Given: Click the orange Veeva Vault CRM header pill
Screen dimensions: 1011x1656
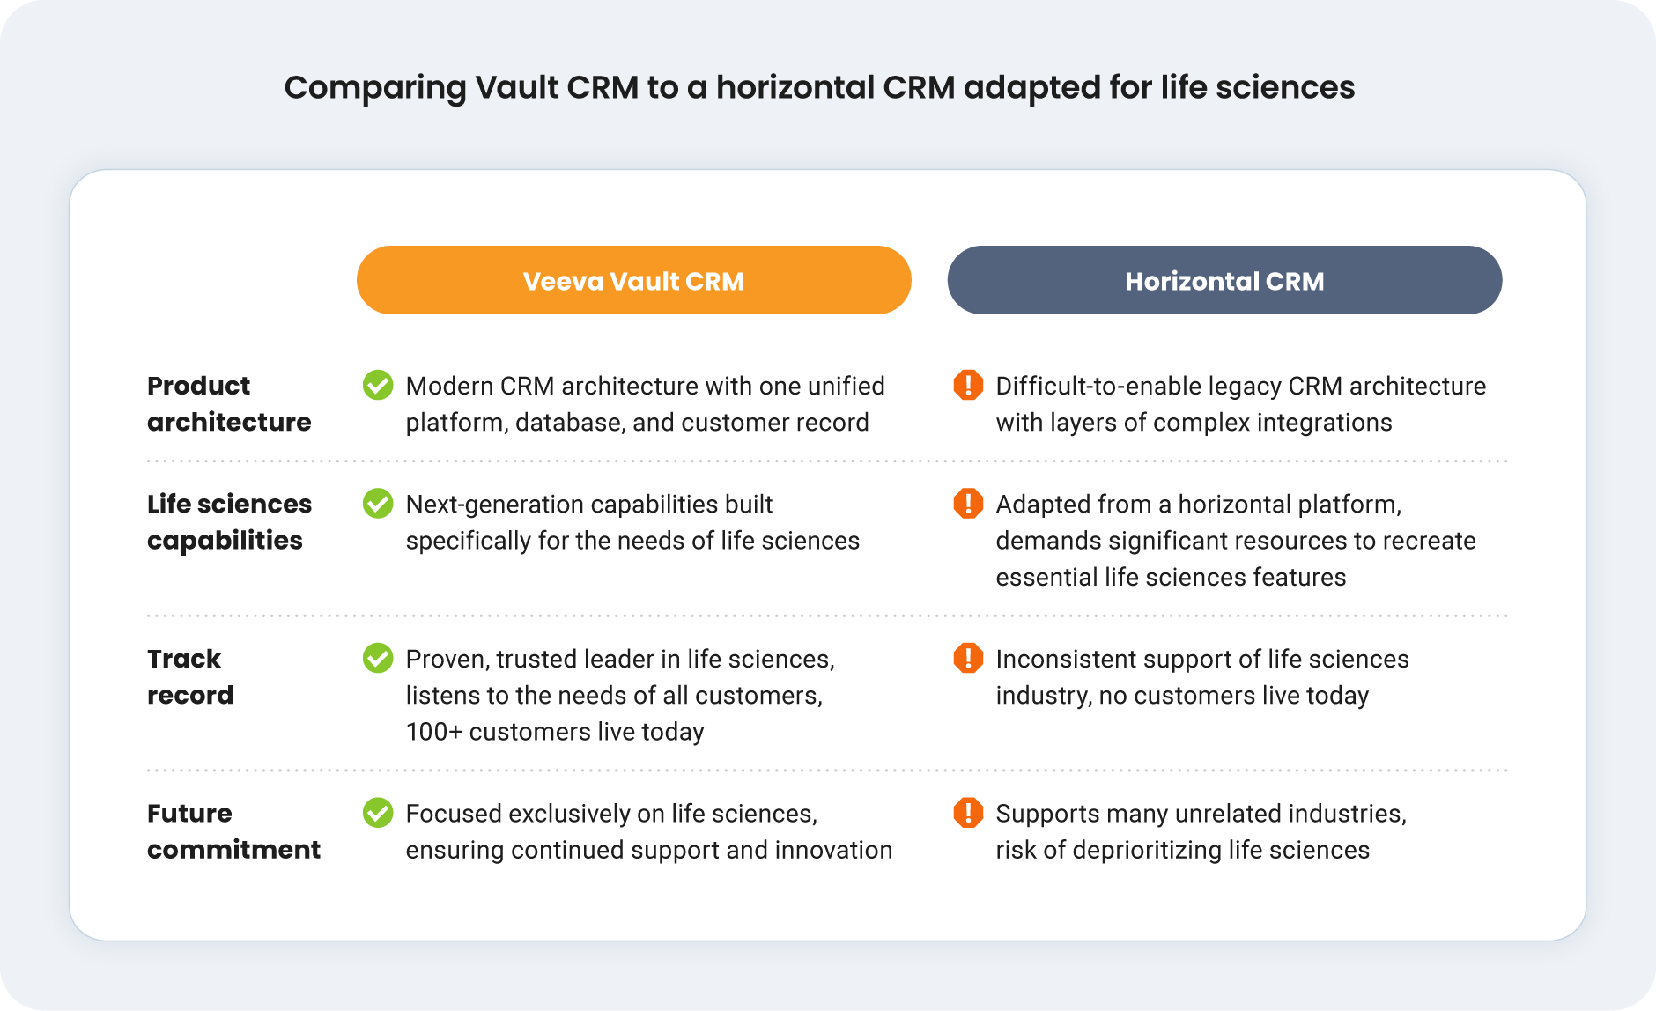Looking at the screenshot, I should pos(633,280).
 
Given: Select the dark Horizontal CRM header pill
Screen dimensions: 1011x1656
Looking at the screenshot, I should pos(1224,280).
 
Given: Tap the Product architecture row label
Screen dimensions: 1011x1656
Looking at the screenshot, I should pos(228,403).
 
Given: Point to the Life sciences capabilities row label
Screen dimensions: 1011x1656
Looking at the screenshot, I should pos(229,521).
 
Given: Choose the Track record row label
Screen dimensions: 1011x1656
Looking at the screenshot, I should pos(189,676).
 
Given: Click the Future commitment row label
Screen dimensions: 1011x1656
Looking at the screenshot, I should pos(233,830).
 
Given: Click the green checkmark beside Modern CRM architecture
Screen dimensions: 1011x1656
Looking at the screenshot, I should pos(378,385).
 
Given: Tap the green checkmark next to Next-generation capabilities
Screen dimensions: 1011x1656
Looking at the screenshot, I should pos(378,503).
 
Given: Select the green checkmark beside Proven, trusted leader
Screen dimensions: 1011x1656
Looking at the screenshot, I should pos(378,658).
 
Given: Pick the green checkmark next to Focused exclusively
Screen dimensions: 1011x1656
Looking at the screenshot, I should pos(378,812).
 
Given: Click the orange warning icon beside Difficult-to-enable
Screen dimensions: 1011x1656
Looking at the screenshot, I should pos(968,385).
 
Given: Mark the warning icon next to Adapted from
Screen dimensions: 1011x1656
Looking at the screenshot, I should pos(968,503).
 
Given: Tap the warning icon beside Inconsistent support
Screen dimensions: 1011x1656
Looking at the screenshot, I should pos(968,658).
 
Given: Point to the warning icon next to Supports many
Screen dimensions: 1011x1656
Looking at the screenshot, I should pos(968,812).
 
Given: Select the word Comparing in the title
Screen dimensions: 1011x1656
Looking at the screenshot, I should pos(373,87).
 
